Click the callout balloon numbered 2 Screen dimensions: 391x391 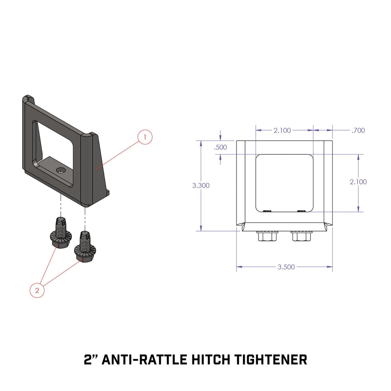[37, 290]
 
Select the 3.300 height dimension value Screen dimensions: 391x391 [201, 186]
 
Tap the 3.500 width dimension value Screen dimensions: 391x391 [286, 267]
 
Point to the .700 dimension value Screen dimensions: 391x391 [358, 131]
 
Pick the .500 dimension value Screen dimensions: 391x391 [221, 147]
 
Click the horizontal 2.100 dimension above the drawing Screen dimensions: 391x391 [282, 131]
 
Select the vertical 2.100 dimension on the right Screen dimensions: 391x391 [358, 182]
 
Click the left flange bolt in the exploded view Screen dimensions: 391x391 [59, 234]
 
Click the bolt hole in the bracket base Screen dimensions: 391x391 [60, 170]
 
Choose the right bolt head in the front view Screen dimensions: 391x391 [301, 236]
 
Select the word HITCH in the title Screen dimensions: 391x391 [211, 359]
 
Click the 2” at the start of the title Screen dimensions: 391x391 [91, 359]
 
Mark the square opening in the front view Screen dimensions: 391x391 [284, 183]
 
